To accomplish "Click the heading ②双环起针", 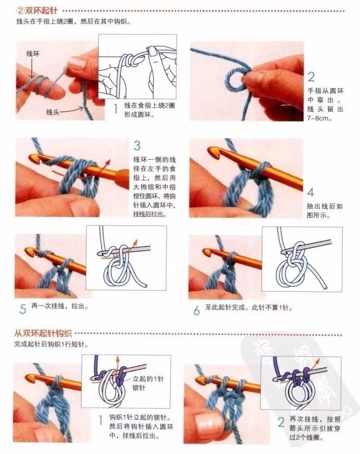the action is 38,11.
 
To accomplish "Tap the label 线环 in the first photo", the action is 33,54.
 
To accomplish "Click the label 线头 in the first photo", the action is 53,112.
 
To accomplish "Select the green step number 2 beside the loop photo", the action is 311,77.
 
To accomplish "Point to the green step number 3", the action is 137,146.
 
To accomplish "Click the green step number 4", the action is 310,192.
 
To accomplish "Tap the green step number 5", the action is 23,309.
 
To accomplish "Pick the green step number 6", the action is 197,310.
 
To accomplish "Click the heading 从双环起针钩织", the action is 43,333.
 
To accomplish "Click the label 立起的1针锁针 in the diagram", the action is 148,383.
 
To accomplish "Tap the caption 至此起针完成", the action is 226,307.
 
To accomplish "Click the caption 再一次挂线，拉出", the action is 59,306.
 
